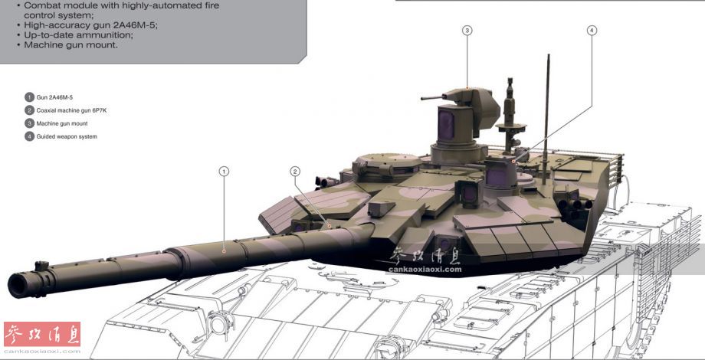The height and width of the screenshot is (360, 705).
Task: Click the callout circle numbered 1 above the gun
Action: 224,172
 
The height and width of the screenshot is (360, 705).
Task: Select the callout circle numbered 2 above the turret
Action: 295,172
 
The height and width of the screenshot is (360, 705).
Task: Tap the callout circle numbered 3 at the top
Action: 467,30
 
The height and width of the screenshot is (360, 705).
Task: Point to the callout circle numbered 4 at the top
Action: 592,30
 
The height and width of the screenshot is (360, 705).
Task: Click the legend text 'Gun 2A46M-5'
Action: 54,97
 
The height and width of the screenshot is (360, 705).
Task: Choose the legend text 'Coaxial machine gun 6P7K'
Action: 71,110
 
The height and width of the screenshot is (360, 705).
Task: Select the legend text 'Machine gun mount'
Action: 62,123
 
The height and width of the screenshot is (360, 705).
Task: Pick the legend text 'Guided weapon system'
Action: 67,136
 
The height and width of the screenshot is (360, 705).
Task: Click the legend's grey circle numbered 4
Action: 30,136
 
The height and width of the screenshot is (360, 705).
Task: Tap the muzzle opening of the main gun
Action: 18,286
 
